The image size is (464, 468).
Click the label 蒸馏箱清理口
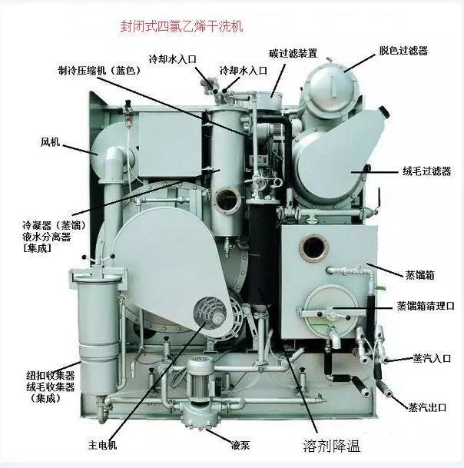click(426, 305)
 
